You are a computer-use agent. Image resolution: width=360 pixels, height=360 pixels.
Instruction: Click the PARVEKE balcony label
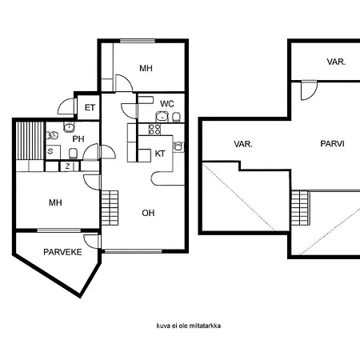62,252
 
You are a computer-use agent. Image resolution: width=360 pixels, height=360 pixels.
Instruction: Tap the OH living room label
148,213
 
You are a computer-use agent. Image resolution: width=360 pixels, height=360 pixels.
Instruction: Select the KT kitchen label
160,154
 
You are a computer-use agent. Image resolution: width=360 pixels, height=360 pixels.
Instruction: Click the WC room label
167,104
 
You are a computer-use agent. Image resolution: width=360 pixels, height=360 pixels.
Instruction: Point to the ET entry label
90,107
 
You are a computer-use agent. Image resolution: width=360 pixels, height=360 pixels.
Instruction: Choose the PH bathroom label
78,139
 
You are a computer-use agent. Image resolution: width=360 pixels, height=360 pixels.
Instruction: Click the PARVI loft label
332,144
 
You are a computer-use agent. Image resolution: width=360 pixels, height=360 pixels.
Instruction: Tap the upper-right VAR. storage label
336,62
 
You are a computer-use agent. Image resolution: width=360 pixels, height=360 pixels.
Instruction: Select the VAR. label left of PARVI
243,144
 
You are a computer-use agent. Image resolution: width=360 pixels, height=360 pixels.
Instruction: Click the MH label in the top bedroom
146,68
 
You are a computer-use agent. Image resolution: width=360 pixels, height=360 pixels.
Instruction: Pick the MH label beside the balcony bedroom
55,202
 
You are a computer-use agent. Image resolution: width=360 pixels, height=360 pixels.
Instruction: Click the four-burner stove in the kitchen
154,130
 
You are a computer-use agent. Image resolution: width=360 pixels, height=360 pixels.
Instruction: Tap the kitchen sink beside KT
178,146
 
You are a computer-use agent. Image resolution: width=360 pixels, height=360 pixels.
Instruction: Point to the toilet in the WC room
176,117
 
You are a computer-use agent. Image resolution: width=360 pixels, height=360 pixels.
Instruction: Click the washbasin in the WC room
162,116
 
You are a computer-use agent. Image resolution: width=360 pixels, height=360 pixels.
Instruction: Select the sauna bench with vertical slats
30,141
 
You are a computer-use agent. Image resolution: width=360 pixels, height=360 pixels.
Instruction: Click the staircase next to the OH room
110,208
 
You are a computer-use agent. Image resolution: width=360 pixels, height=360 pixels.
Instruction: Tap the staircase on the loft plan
300,208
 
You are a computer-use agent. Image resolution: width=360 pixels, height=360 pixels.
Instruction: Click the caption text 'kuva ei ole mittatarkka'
189,326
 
